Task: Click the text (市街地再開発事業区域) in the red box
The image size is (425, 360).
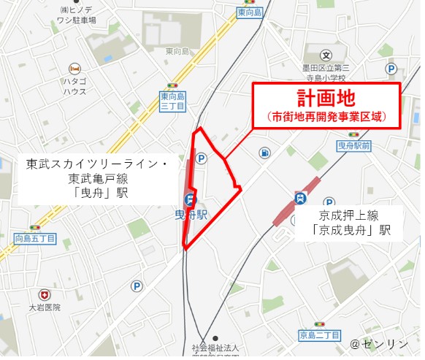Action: [326, 116]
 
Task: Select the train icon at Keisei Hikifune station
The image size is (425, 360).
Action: [299, 198]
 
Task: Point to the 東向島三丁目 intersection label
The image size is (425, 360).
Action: [172, 101]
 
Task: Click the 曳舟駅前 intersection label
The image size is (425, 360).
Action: [354, 147]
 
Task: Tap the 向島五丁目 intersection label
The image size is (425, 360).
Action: [34, 239]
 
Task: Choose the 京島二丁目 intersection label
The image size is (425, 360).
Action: [319, 334]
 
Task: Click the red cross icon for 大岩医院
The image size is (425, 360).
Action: [46, 294]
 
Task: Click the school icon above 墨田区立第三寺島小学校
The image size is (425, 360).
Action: [326, 55]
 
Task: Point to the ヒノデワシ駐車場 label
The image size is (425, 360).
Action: [78, 15]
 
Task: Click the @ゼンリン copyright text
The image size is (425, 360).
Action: [380, 342]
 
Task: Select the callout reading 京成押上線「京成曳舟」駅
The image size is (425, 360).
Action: [354, 223]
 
